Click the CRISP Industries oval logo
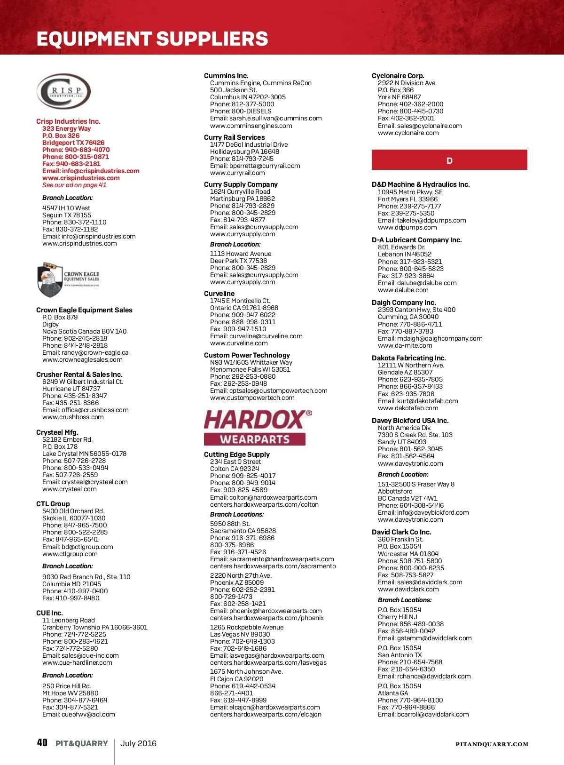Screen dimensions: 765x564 63,92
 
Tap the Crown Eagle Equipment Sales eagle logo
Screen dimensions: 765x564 68,279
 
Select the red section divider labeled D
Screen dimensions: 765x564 449,160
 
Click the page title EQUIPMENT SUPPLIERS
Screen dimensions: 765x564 152,39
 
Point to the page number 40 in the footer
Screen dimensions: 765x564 42,743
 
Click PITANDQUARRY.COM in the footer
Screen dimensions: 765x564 492,744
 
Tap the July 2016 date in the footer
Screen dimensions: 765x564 138,743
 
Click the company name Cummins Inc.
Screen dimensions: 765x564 226,76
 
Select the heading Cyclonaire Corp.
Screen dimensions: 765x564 398,76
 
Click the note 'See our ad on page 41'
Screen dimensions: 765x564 74,185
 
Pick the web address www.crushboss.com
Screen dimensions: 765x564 73,417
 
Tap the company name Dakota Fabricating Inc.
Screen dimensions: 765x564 408,358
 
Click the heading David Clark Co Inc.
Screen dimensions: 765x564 401,532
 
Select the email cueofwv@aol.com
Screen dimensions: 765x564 88,715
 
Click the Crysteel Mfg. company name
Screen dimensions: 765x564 57,432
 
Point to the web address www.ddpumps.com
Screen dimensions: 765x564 407,228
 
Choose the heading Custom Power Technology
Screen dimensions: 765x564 247,355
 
